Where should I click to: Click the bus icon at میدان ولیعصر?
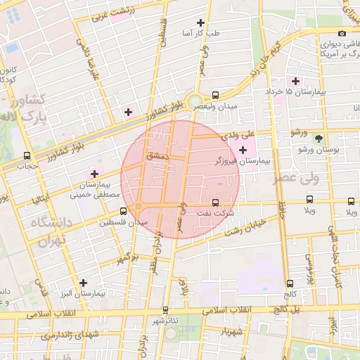click(215, 95)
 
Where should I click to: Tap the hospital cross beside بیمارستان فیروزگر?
click(243, 150)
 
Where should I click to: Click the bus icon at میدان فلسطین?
click(123, 210)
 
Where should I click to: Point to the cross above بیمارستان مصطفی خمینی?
click(94, 174)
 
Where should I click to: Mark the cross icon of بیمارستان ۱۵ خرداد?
click(295, 82)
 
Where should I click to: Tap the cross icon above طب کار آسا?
click(202, 23)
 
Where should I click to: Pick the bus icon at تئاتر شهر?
click(166, 309)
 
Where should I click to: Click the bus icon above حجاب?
click(27, 155)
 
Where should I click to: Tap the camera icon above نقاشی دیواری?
click(342, 33)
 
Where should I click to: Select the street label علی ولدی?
click(238, 134)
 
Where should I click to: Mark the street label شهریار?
click(231, 330)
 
